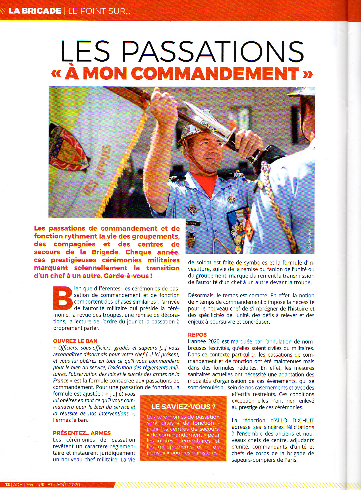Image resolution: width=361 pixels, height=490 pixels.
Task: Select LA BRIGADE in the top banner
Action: [35, 11]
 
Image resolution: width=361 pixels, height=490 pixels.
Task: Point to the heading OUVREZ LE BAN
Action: [75, 341]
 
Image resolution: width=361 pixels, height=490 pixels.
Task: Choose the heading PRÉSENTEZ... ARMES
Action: [82, 433]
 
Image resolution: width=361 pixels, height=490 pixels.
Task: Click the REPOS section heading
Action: [197, 335]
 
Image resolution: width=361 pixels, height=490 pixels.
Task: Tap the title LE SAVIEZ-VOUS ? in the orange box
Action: [183, 407]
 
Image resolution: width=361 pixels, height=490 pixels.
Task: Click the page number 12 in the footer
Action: [7, 485]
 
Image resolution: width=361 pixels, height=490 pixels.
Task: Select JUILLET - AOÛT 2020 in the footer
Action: [58, 485]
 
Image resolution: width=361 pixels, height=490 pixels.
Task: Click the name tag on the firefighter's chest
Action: [193, 223]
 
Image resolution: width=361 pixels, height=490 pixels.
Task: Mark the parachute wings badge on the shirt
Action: [192, 209]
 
